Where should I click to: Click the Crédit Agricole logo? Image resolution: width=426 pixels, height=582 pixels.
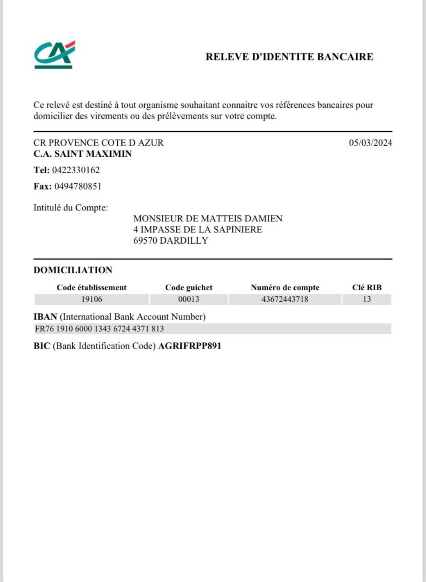coord(54,55)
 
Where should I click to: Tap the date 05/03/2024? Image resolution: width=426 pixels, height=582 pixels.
coord(370,143)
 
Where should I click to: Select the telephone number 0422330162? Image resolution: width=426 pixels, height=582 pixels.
coord(76,170)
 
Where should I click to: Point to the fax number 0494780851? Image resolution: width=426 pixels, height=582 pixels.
coord(78,186)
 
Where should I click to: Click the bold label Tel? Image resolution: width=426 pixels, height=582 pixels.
coord(41,170)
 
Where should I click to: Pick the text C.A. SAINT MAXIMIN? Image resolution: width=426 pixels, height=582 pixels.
coord(82,154)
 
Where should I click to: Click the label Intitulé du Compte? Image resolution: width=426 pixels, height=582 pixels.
coord(71,207)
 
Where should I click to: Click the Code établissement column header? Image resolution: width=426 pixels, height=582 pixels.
coord(92,288)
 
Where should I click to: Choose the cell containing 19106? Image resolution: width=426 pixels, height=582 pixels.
coord(92,299)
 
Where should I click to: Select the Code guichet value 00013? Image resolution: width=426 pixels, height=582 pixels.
coord(189,299)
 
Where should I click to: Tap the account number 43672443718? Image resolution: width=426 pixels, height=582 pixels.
coord(285,299)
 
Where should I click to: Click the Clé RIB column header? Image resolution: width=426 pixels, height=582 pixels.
coord(367,288)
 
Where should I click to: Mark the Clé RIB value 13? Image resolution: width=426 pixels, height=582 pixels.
coord(367,299)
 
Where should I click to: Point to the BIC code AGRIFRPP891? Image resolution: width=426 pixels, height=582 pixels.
coord(190,346)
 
